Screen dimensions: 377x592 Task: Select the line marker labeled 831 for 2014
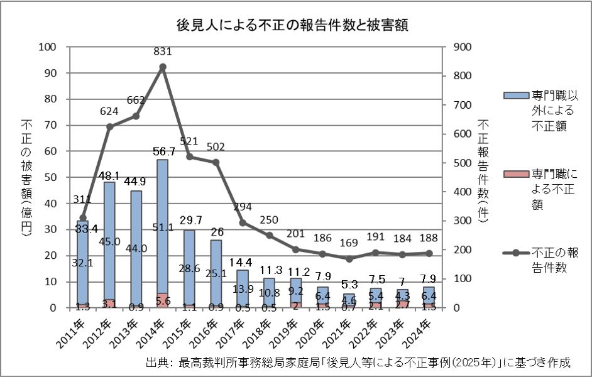click(162, 67)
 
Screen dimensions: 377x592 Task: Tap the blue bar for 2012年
click(109, 239)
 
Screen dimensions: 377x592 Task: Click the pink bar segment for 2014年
click(162, 301)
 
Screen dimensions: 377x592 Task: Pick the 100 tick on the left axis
click(48, 46)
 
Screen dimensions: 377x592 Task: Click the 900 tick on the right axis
click(461, 46)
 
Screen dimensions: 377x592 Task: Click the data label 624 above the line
click(109, 112)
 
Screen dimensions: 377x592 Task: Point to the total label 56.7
click(162, 151)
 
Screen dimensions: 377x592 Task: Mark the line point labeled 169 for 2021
click(348, 259)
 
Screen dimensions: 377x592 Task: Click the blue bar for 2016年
click(216, 273)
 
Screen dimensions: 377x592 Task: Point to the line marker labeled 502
click(216, 162)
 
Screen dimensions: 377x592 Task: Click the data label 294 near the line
click(242, 207)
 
